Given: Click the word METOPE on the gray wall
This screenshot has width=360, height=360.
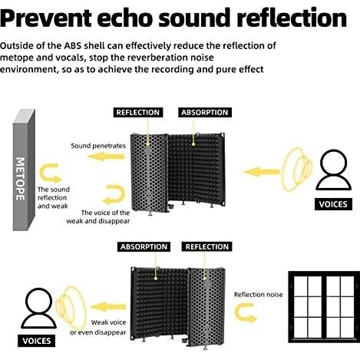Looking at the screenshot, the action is point(20,179).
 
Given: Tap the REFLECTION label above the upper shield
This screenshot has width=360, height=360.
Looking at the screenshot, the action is point(138,113).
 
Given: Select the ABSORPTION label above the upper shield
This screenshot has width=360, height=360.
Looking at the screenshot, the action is point(205,113).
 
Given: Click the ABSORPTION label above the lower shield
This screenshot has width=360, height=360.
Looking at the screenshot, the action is point(144,247).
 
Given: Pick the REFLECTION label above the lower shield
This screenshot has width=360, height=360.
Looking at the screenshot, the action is point(207,247).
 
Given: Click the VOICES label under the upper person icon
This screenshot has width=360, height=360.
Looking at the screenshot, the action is point(333,204).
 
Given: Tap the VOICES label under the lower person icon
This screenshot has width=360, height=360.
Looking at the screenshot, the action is point(37,341).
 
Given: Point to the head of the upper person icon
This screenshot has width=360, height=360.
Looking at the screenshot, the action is point(334,163).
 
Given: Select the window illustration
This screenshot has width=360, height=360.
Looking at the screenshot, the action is point(324,307).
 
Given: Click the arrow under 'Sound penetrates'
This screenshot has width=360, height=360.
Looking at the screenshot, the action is point(106,157).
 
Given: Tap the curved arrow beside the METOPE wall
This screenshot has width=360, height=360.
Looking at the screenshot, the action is point(49,173).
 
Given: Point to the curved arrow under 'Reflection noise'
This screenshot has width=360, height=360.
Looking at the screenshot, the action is point(244,312).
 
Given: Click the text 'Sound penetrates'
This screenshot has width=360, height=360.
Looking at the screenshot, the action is point(98,146).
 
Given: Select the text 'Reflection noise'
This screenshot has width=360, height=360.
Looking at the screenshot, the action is point(259,295).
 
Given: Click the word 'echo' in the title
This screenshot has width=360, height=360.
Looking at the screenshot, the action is point(125,18).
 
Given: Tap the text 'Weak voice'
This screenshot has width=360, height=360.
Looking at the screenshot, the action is point(108,322).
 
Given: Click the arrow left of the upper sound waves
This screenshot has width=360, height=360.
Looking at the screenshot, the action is point(261,172).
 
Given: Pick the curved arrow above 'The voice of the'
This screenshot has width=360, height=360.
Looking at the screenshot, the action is point(114,194).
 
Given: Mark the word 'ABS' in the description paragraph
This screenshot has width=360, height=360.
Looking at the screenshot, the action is point(73,46).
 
